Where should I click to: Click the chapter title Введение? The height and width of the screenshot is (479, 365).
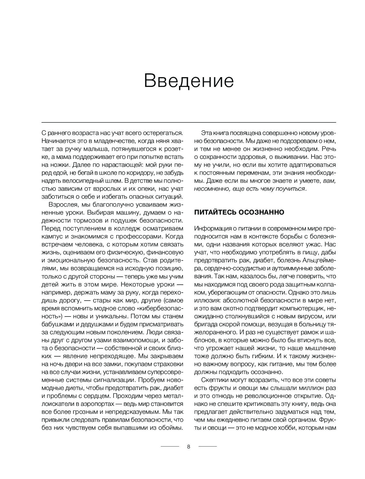[189, 80]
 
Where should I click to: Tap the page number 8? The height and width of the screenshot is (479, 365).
[188, 447]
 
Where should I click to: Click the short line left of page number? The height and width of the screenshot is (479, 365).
[170, 447]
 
